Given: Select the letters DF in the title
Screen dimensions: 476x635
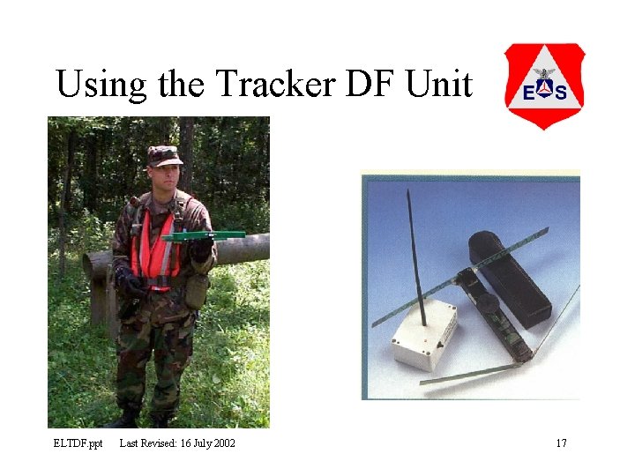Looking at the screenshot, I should pos(367,85).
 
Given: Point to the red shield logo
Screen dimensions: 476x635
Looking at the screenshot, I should pos(544,86).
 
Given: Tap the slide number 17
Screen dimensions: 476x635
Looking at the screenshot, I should pos(561,443).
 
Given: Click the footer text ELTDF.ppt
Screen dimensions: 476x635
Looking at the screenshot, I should pos(78,443).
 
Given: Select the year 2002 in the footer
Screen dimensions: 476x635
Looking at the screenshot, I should pos(222,443).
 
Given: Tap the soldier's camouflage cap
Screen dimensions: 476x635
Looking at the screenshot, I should pos(164,156).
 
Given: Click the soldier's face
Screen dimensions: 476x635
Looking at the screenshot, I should pos(164,176).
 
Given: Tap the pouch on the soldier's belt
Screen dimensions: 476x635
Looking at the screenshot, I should pos(197,291).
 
